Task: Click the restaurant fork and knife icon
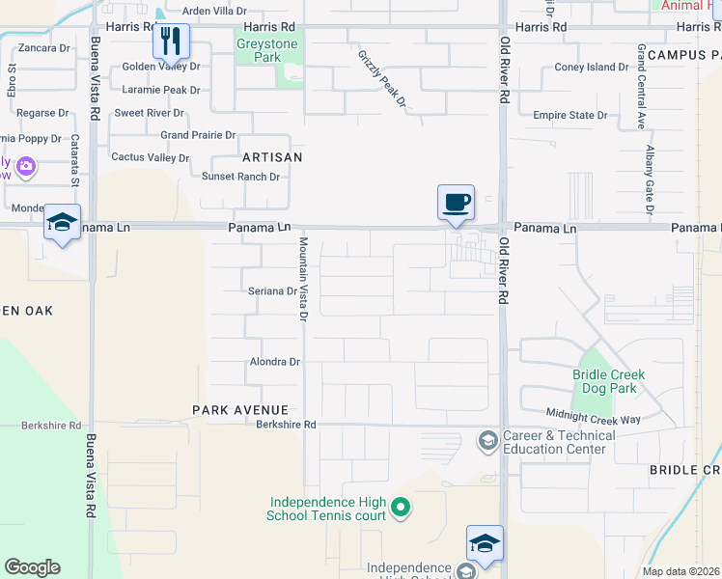pos(171,41)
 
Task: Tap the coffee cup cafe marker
pos(456,204)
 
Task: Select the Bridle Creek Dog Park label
pos(608,381)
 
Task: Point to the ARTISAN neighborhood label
pos(272,156)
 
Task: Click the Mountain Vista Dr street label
pos(302,279)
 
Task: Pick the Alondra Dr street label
pos(276,362)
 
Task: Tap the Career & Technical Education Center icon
pos(487,442)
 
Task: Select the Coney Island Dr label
pos(591,68)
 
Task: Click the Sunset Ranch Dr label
pos(240,177)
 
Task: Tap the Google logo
pos(32,567)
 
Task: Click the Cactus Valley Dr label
pos(151,157)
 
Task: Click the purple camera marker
pos(25,166)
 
